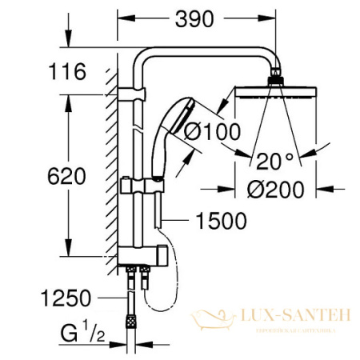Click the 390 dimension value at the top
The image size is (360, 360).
(x=194, y=19)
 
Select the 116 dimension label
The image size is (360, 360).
(x=67, y=72)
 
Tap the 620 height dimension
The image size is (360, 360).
(x=67, y=176)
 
